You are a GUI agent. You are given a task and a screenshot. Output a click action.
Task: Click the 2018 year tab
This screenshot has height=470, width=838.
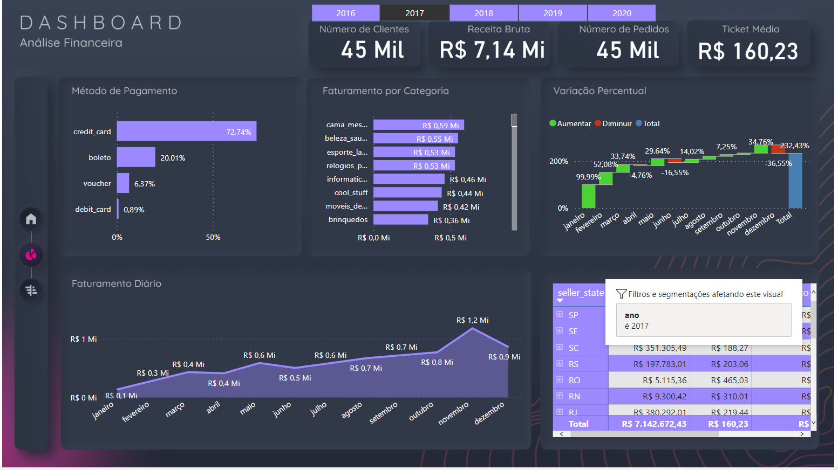click(x=483, y=13)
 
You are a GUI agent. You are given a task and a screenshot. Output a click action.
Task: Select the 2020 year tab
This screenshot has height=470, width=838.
click(x=622, y=13)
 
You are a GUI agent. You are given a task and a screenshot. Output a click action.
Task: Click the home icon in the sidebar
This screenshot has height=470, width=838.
click(x=31, y=219)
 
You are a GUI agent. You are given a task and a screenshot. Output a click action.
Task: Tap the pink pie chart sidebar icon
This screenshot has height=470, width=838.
click(x=31, y=254)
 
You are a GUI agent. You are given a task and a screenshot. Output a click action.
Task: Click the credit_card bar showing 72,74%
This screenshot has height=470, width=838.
click(x=186, y=132)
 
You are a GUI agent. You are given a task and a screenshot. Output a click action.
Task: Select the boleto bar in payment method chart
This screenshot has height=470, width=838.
click(x=136, y=157)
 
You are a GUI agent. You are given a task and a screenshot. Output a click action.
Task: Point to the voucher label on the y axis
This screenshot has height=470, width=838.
click(x=97, y=184)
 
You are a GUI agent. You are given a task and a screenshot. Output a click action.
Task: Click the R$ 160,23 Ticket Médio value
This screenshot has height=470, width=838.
click(x=748, y=52)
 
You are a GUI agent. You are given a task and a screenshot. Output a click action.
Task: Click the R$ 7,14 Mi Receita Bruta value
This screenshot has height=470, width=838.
click(x=492, y=50)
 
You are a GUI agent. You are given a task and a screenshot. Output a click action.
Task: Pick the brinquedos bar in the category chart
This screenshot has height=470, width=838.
click(x=400, y=220)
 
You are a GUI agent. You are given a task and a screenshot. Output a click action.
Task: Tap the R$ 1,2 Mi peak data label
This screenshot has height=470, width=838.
click(x=472, y=320)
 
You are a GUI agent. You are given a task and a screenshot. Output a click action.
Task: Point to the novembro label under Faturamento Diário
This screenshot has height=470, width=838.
click(x=453, y=413)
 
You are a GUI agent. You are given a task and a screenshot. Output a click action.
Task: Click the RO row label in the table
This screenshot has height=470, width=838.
click(x=574, y=381)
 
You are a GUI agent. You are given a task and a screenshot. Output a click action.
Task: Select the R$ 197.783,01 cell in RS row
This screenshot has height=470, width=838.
click(x=659, y=364)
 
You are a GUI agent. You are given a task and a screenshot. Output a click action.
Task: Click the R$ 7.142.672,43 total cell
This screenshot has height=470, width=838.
click(x=654, y=424)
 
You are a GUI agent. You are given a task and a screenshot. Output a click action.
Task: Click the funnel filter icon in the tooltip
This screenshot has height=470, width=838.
click(x=621, y=294)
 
